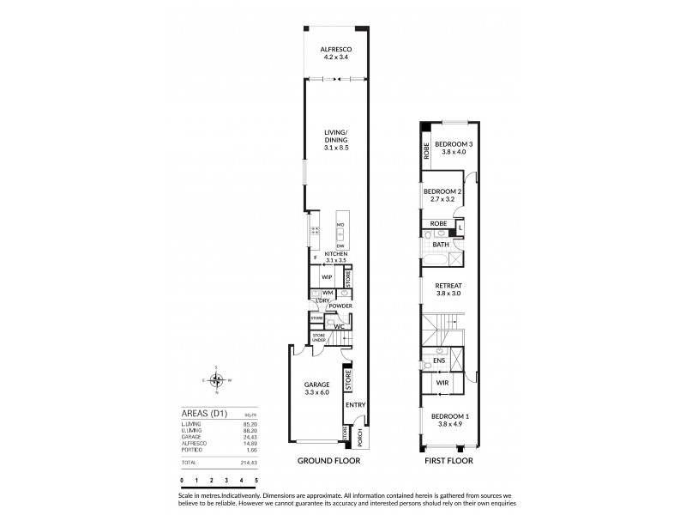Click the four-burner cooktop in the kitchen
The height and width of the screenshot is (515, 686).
tap(315, 231)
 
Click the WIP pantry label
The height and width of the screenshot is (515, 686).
tap(327, 277)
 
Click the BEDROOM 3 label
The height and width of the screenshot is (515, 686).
tap(452, 144)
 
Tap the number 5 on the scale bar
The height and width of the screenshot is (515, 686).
tap(256, 480)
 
